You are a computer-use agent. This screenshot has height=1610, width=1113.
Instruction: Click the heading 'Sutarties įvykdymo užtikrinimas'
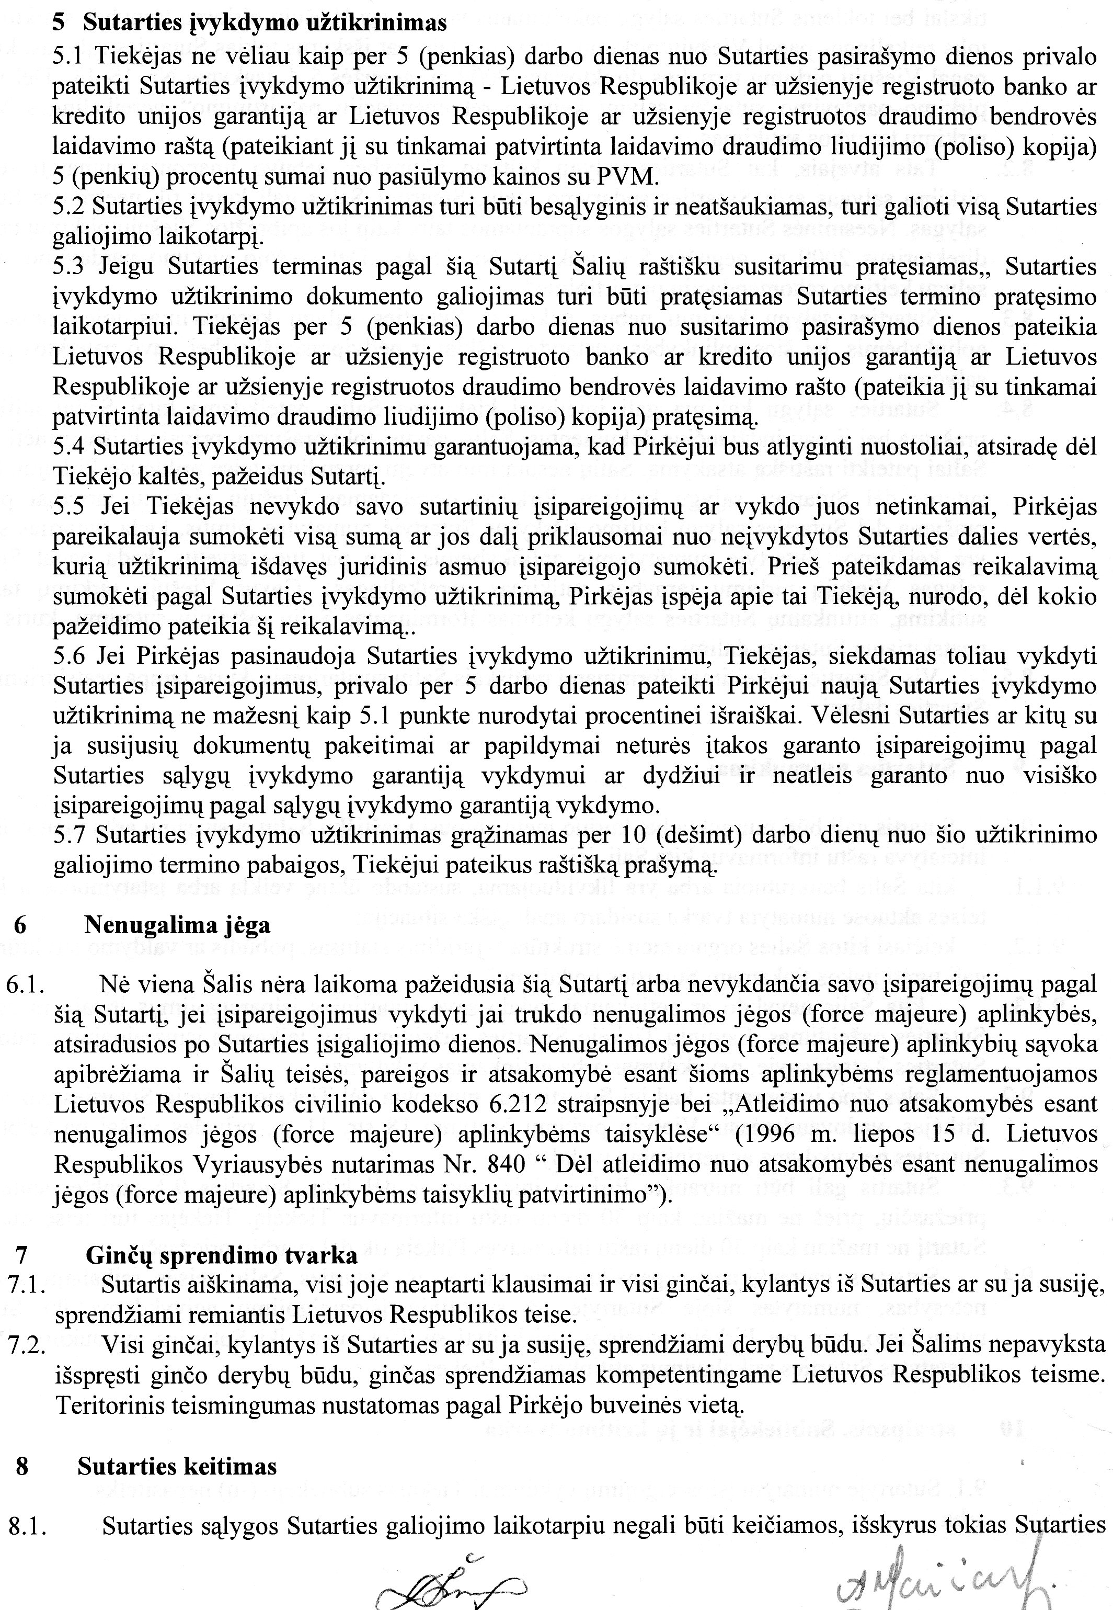[x=265, y=23]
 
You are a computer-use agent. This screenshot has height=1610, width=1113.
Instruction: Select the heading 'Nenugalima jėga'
[x=177, y=926]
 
